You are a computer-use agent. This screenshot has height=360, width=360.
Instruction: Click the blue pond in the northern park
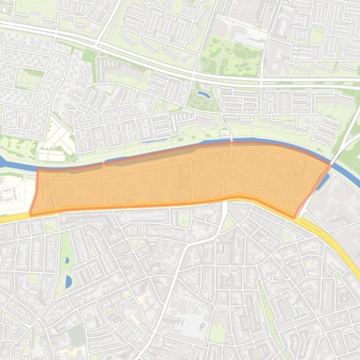tap(204, 94)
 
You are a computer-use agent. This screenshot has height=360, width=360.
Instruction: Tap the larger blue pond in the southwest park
tap(69, 281)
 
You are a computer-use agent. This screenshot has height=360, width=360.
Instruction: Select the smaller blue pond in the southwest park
tap(67, 260)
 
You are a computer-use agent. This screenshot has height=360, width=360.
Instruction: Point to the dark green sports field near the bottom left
tap(76, 335)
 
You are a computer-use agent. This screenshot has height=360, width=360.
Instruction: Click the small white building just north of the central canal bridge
tap(225, 134)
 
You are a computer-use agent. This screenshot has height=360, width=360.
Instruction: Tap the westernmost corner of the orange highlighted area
tap(30, 213)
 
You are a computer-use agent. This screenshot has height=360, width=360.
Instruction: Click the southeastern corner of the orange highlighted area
tap(294, 217)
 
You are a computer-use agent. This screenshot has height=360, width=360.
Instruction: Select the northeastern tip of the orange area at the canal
tap(331, 164)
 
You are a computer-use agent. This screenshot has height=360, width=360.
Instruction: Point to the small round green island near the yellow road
tap(337, 276)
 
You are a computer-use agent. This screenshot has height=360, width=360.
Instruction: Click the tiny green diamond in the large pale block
tap(202, 325)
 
